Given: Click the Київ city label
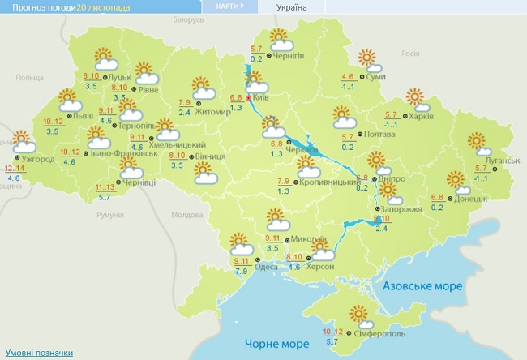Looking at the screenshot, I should coord(260,97).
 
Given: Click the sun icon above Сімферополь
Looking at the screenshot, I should coord(358,313).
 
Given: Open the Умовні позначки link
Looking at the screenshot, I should coord(38,353).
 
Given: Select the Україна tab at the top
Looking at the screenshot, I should coord(291,7).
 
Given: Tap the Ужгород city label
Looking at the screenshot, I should coord(37,159).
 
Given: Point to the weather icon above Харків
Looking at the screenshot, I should coord(417,99).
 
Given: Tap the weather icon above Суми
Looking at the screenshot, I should coord(369,59).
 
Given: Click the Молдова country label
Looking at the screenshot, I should coord(187,216).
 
